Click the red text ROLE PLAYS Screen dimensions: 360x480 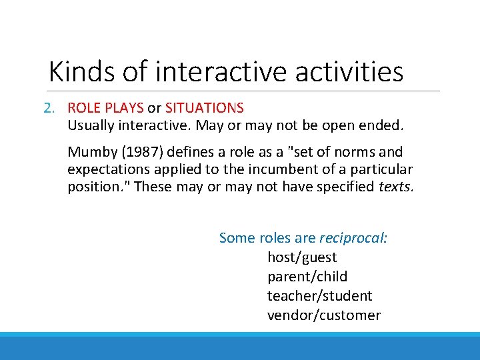[x=105, y=108]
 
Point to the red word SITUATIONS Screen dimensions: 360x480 [x=205, y=108]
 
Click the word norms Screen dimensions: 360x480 [x=358, y=152]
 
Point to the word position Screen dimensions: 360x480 [x=97, y=187]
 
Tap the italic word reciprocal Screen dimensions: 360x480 [x=353, y=238]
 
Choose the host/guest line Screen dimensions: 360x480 [x=302, y=257]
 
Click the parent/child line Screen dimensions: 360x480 [x=307, y=277]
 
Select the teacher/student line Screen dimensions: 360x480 [x=319, y=296]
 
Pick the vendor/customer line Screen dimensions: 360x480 [x=323, y=315]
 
